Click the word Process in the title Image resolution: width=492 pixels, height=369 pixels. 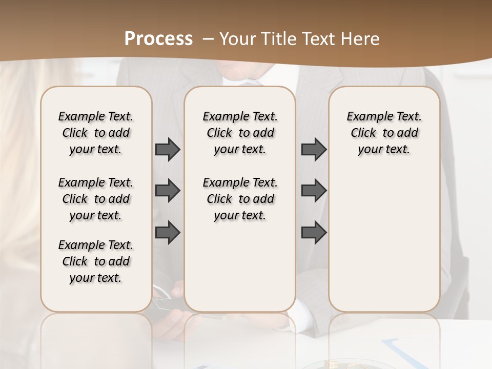click(158, 39)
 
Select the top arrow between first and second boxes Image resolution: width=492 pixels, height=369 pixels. click(168, 149)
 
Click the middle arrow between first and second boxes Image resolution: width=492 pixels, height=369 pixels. click(168, 191)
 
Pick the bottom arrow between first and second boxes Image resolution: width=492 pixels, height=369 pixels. click(168, 232)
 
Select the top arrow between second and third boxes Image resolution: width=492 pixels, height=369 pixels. click(314, 149)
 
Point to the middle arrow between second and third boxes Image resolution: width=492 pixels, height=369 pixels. click(314, 191)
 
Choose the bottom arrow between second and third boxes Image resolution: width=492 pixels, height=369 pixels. click(314, 232)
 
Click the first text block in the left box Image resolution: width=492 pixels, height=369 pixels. click(96, 133)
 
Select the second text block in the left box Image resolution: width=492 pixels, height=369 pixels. click(96, 199)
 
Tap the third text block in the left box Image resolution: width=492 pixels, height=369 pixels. click(96, 261)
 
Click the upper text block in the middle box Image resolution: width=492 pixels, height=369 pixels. click(240, 133)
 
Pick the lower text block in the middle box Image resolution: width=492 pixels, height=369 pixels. click(240, 199)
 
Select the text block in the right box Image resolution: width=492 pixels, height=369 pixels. click(384, 133)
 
